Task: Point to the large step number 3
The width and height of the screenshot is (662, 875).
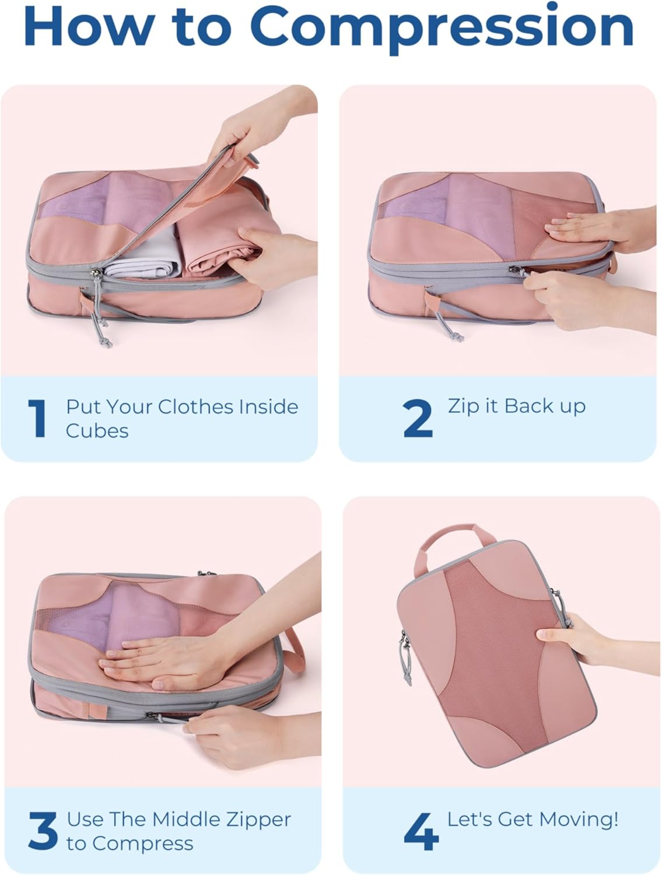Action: (x=42, y=831)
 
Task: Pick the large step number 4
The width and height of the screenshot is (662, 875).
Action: (x=421, y=831)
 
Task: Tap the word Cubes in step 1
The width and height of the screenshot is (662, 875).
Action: (x=97, y=430)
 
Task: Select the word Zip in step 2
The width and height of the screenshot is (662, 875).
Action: (x=464, y=407)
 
